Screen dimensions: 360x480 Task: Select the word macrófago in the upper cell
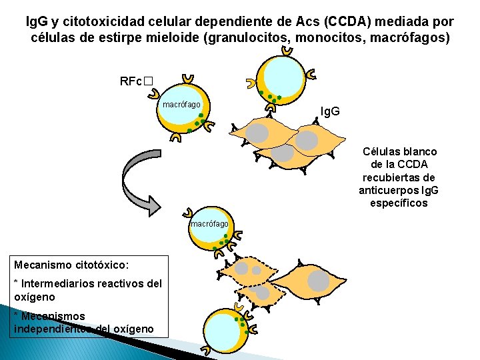pos(182,105)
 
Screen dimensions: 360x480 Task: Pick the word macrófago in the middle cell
pos(209,224)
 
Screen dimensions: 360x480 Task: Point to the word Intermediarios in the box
pos(56,283)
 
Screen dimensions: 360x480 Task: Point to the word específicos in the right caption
pos(399,202)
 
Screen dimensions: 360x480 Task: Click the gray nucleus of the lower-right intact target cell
pos(319,281)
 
